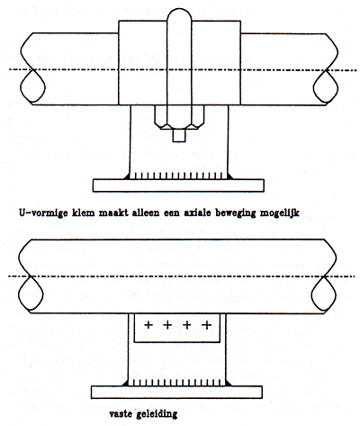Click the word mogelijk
tap(280, 213)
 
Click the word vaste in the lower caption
tap(121, 414)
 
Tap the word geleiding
tap(157, 415)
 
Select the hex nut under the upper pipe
tap(179, 117)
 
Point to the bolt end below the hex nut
tap(179, 136)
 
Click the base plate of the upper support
tap(178, 186)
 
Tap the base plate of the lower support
tap(176, 392)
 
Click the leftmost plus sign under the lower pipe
tap(148, 324)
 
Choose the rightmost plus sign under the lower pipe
tap(206, 324)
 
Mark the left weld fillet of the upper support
tap(127, 177)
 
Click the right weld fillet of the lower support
tap(229, 383)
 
